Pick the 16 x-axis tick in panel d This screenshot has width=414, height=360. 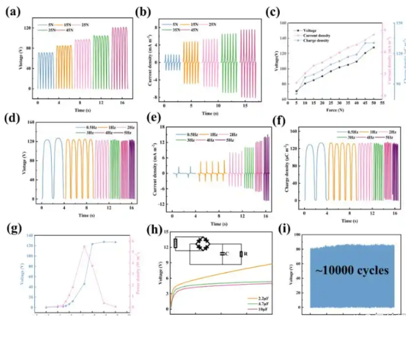(x=132, y=208)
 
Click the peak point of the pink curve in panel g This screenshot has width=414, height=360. (x=84, y=246)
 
